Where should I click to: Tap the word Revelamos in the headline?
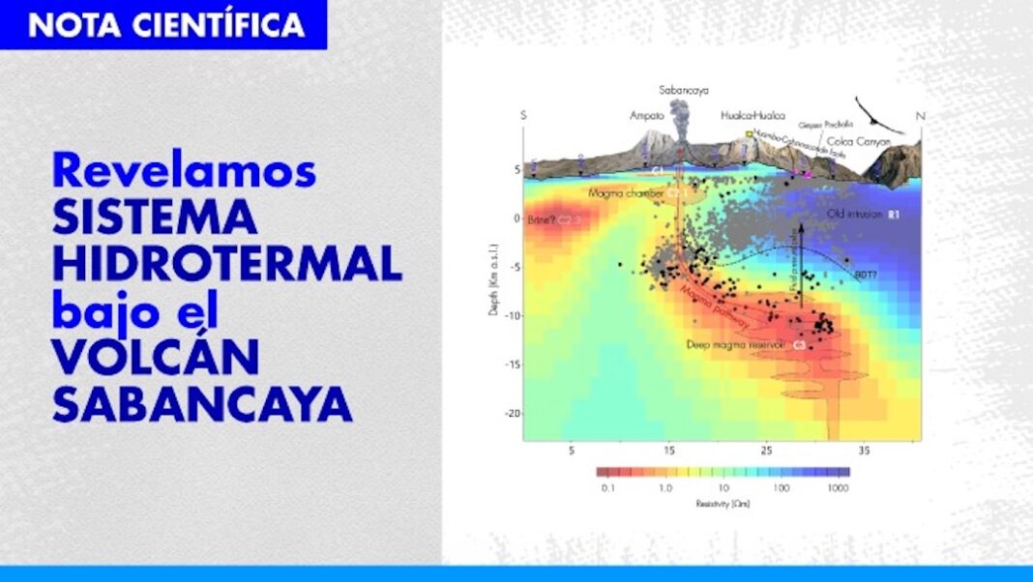coord(184,171)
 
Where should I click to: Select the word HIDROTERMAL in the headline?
coord(226,264)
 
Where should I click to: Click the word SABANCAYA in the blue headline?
coord(201,405)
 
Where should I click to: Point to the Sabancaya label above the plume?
coord(684,90)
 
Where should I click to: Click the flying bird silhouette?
coord(877,113)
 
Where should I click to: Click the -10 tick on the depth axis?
coord(514,315)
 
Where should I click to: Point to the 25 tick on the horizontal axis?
coord(766,451)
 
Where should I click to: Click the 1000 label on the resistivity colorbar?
coord(838,488)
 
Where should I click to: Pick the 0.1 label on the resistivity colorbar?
coord(608,488)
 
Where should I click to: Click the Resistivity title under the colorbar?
coord(723,504)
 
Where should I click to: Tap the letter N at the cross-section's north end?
coord(920,116)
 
